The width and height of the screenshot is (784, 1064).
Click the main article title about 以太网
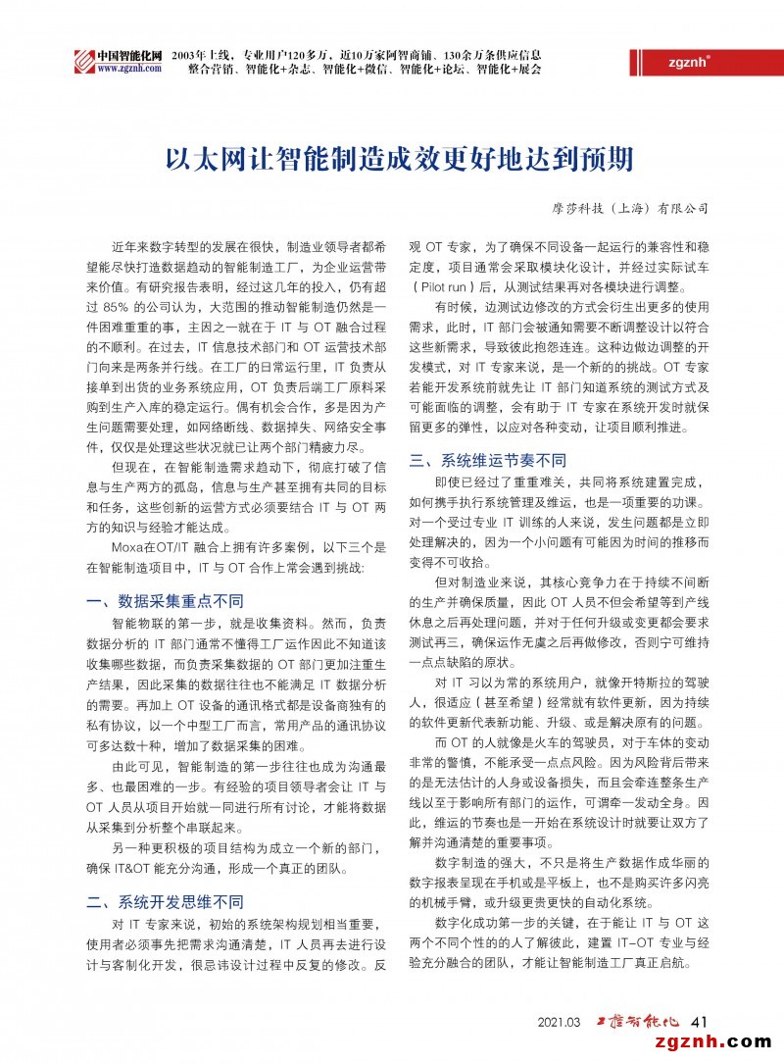(392, 159)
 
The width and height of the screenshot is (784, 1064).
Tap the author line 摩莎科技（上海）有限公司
(628, 208)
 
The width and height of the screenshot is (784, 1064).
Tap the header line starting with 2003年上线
(356, 53)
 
